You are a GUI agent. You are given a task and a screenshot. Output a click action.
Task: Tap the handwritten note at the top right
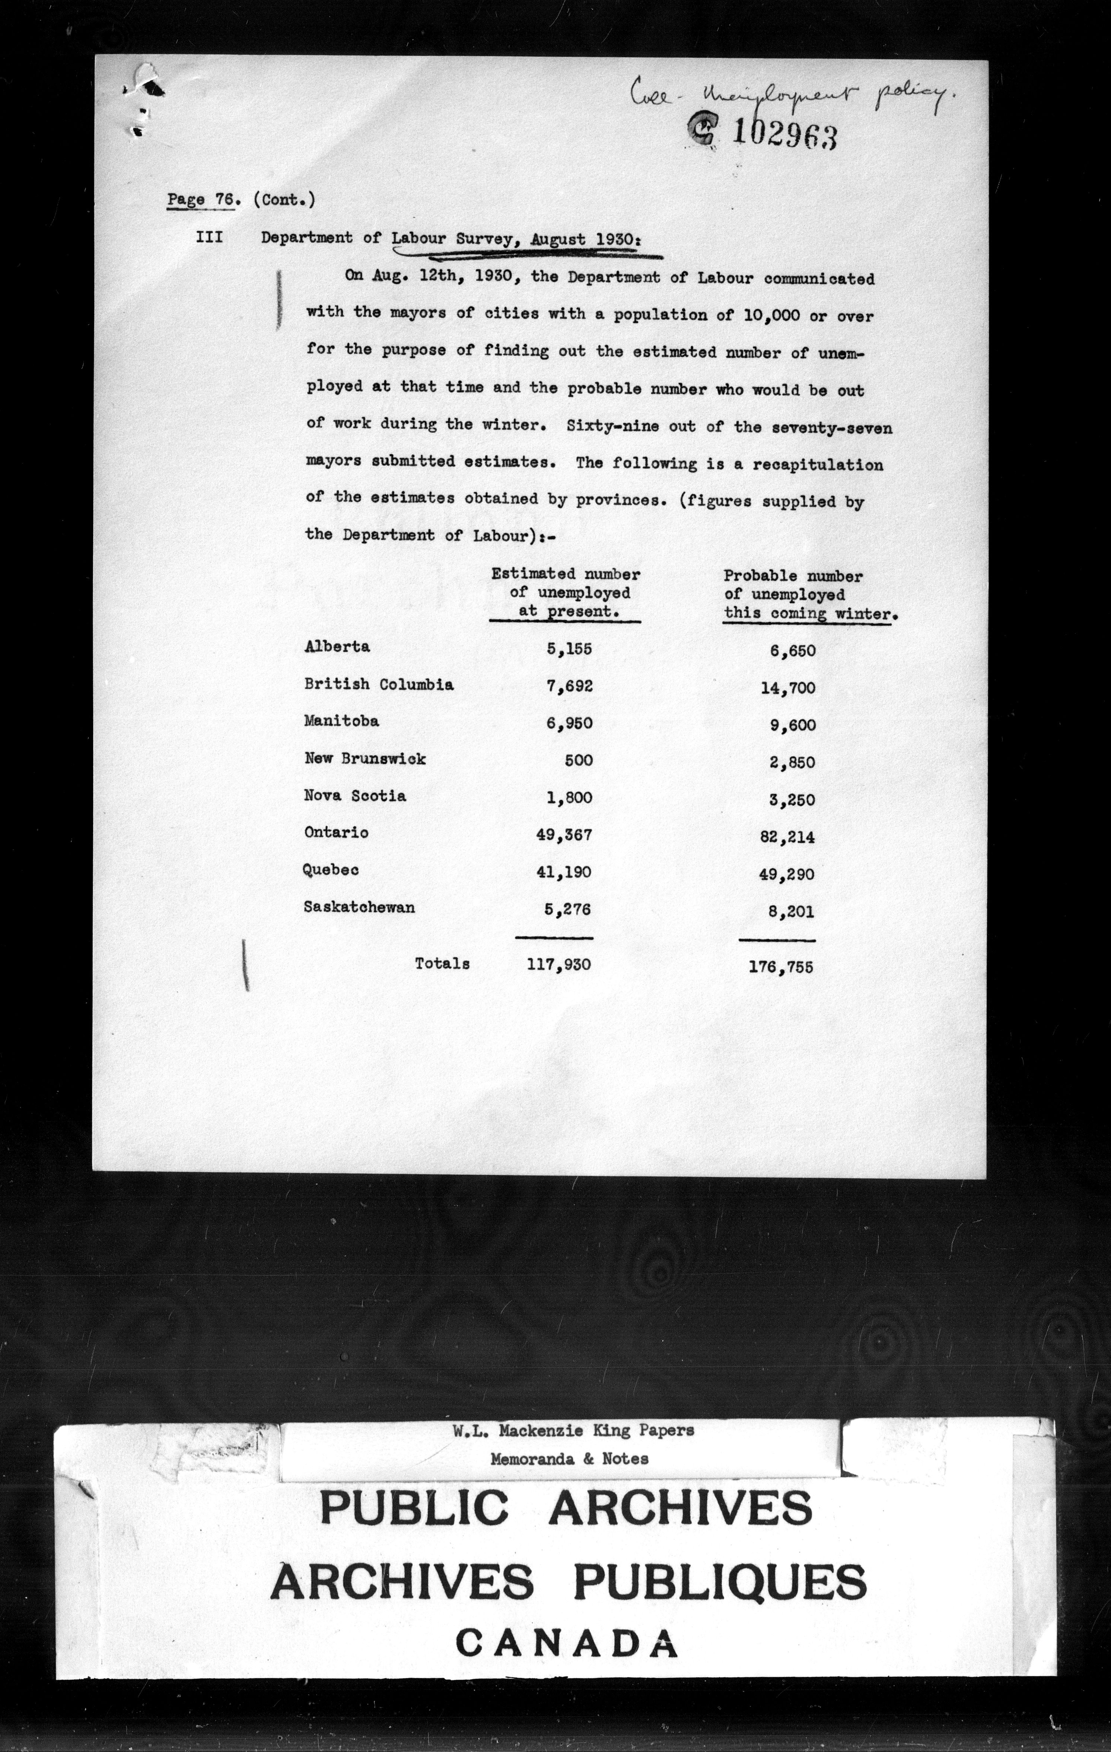coord(789,95)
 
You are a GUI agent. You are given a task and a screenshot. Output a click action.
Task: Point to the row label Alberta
coord(337,646)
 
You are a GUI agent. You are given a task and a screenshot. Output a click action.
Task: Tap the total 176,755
coord(780,967)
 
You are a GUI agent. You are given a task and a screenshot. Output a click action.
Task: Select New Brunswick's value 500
coord(578,760)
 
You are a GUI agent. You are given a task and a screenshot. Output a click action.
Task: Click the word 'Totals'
coord(442,963)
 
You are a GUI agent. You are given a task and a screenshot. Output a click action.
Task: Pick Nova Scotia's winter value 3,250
coord(792,800)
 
